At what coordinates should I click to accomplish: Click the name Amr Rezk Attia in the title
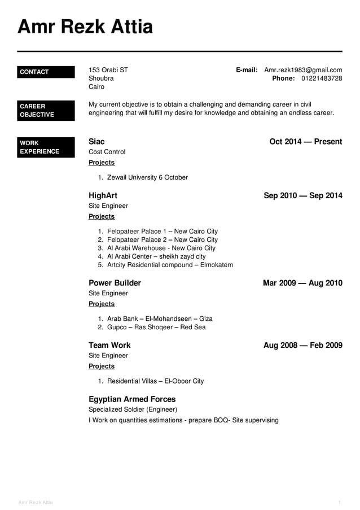click(85, 27)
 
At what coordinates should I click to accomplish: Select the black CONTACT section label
click(46, 72)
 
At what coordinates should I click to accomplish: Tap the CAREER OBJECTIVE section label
click(46, 110)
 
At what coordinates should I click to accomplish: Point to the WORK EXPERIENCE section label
click(46, 147)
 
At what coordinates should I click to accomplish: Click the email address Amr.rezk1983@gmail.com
click(303, 70)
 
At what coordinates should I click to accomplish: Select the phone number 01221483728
click(321, 79)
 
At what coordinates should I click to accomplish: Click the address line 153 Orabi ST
click(108, 70)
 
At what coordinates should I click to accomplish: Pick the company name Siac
click(96, 141)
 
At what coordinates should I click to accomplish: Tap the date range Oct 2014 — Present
click(305, 141)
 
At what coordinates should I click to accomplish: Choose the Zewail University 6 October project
click(147, 177)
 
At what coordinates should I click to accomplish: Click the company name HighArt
click(103, 195)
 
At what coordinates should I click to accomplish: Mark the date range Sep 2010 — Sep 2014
click(302, 195)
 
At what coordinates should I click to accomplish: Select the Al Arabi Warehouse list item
click(161, 248)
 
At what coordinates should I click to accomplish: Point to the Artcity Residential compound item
click(169, 265)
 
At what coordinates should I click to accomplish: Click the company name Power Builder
click(115, 283)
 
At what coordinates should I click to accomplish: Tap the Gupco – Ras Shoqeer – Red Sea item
click(156, 327)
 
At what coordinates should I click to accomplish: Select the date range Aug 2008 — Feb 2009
click(302, 345)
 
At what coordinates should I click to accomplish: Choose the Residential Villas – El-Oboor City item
click(155, 381)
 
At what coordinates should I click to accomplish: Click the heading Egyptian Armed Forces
click(132, 399)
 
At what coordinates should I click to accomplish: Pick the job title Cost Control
click(107, 152)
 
